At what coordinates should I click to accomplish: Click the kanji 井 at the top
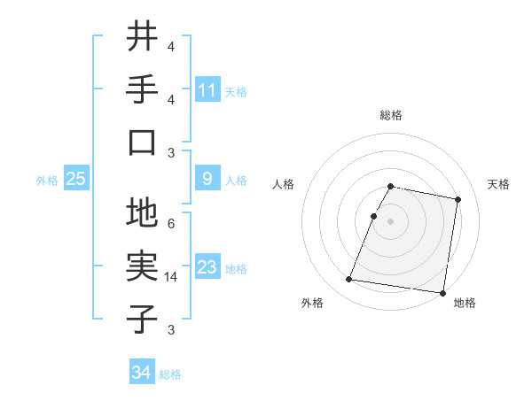coord(143,38)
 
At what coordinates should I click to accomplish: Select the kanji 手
coord(143,89)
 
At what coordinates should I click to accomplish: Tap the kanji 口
coord(143,142)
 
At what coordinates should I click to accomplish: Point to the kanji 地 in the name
coord(143,214)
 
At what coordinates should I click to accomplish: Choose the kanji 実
coord(143,266)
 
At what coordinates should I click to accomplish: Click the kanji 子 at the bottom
coord(143,318)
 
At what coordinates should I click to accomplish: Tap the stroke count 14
coord(171,277)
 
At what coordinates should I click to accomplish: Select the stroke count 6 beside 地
coord(171,224)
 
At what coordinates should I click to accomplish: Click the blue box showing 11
coord(207,89)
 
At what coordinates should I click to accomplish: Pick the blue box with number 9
coord(207,179)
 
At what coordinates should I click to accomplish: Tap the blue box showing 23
coord(207,267)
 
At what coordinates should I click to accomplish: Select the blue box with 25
coord(75,179)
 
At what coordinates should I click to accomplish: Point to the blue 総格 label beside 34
coord(170,374)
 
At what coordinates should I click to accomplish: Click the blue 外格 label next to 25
coord(47,181)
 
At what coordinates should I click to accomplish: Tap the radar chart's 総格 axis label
coord(391,116)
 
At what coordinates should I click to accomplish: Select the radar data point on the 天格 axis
coord(458,200)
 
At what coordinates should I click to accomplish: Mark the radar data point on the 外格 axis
coord(348,280)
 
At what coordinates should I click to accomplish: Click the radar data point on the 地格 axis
coord(442,292)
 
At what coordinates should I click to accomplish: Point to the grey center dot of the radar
coord(391,221)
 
